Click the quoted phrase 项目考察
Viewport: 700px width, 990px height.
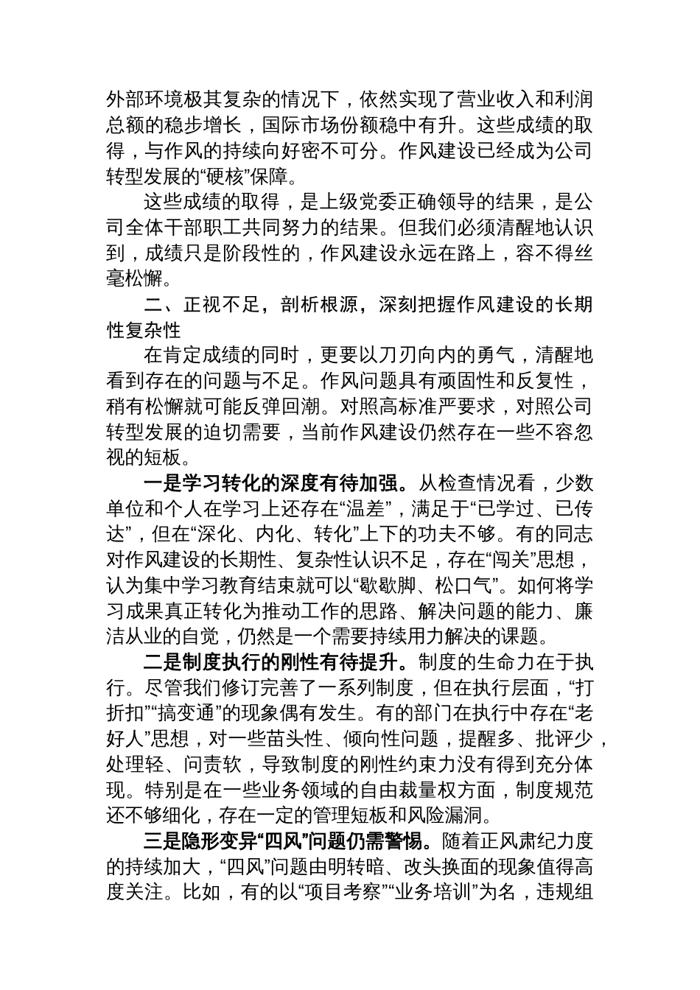tap(350, 893)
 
